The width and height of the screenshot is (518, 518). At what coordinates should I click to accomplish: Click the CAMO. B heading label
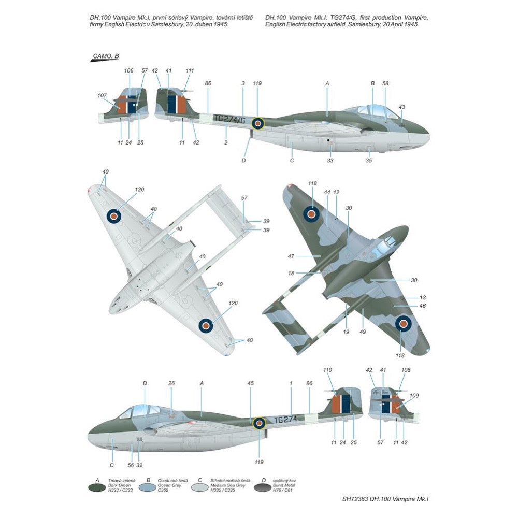pos(105,56)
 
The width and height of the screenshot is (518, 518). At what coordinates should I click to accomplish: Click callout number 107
pos(102,95)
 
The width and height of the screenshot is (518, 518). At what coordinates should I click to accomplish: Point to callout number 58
pos(385,83)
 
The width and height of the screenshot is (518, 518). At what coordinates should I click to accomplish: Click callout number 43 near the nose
pos(402,107)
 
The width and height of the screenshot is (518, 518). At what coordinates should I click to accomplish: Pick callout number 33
pos(330,160)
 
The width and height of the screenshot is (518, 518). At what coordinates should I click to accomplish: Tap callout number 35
pos(369,160)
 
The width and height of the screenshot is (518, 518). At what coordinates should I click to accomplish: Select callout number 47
pos(291,256)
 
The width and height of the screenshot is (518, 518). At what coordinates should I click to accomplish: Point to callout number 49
pos(364,332)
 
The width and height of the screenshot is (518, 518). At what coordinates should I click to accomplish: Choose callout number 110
pos(327,370)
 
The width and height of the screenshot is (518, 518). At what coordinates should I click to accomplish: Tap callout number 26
pos(171,383)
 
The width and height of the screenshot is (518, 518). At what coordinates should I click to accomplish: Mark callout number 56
pos(131,465)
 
